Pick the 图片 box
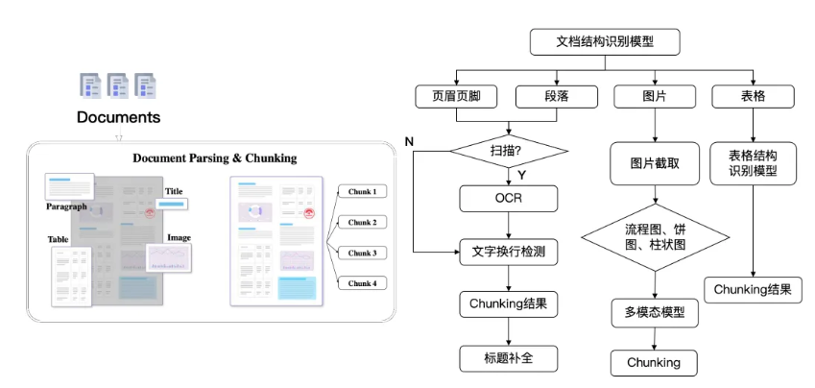655,96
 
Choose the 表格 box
753,96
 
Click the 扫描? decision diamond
509,151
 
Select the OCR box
509,199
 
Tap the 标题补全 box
509,358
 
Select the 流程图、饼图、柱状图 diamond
655,237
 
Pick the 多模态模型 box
655,313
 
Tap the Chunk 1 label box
361,191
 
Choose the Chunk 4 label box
361,283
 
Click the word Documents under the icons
119,117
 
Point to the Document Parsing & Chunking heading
214,158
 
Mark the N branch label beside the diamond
409,142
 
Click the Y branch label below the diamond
521,175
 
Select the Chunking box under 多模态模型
655,362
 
